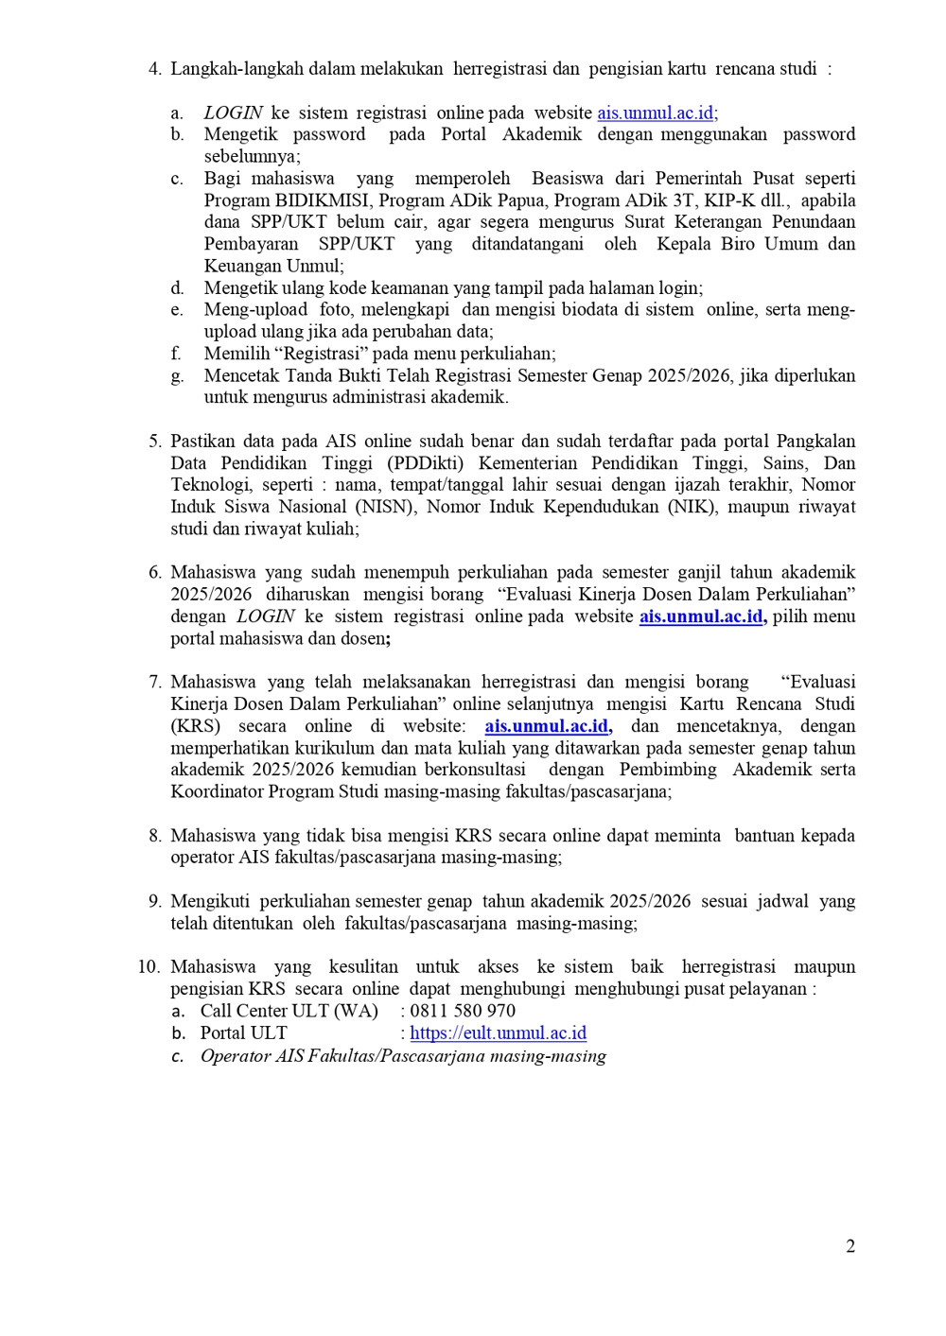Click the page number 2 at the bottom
click(850, 1246)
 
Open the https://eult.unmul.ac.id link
click(498, 1032)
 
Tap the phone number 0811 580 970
click(463, 1011)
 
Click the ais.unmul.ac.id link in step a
click(657, 113)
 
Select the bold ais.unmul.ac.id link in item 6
click(701, 616)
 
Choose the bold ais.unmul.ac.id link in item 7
click(547, 726)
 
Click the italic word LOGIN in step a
click(234, 113)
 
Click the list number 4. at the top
click(155, 69)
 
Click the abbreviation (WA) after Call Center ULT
click(356, 1011)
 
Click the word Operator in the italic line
click(236, 1056)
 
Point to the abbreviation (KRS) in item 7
click(195, 726)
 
